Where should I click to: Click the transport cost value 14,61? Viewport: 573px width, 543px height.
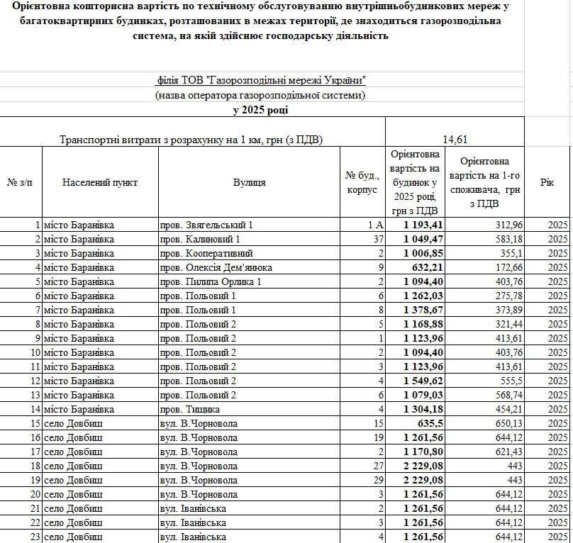(x=455, y=140)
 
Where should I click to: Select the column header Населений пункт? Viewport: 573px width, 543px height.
(x=100, y=182)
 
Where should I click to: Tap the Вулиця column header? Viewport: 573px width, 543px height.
(x=250, y=182)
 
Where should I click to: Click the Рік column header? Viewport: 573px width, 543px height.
(x=547, y=182)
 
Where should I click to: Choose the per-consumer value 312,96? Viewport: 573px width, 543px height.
(x=508, y=225)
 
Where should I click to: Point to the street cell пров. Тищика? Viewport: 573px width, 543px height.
(x=190, y=410)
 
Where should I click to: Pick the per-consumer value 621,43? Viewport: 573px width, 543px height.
(x=508, y=452)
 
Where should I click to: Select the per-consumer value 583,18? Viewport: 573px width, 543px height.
(x=508, y=240)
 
